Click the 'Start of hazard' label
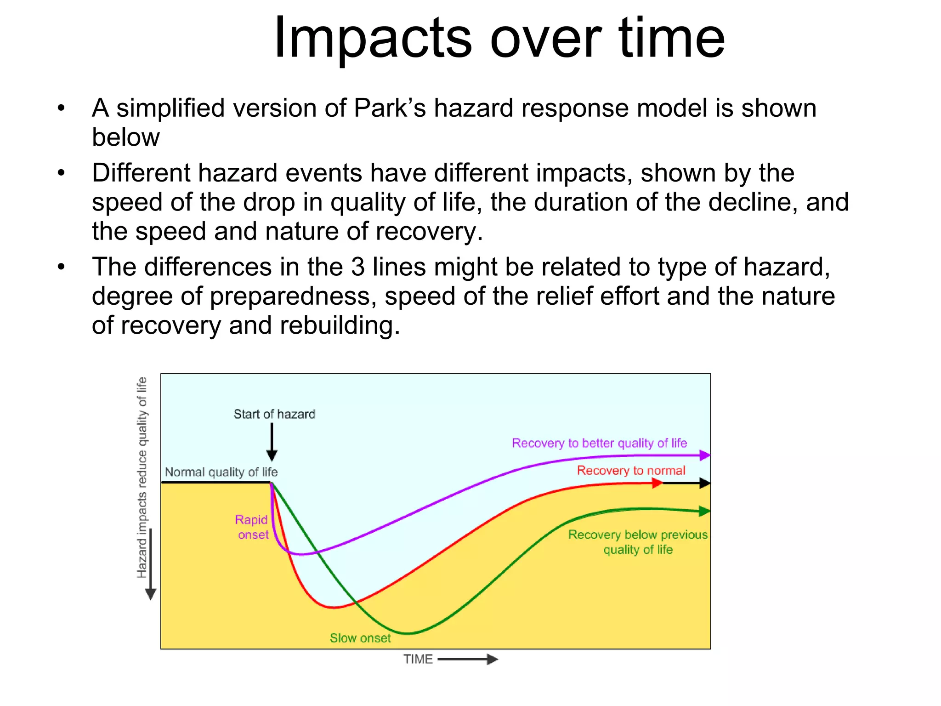click(x=274, y=414)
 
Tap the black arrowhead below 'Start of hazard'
click(x=272, y=455)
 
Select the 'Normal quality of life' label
click(x=221, y=472)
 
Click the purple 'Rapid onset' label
click(x=252, y=527)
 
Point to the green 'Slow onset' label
click(x=360, y=638)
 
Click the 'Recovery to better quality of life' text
click(x=599, y=443)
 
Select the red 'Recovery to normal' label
click(x=631, y=471)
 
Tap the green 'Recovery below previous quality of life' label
click(x=638, y=542)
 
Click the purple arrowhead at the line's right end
click(x=705, y=455)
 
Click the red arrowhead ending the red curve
click(x=658, y=483)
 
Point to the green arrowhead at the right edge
click(x=704, y=511)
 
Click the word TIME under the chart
click(x=418, y=659)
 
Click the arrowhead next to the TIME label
click(x=492, y=659)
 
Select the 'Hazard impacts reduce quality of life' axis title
click(x=142, y=477)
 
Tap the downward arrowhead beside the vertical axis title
click(x=150, y=594)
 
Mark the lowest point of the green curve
click(x=408, y=633)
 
